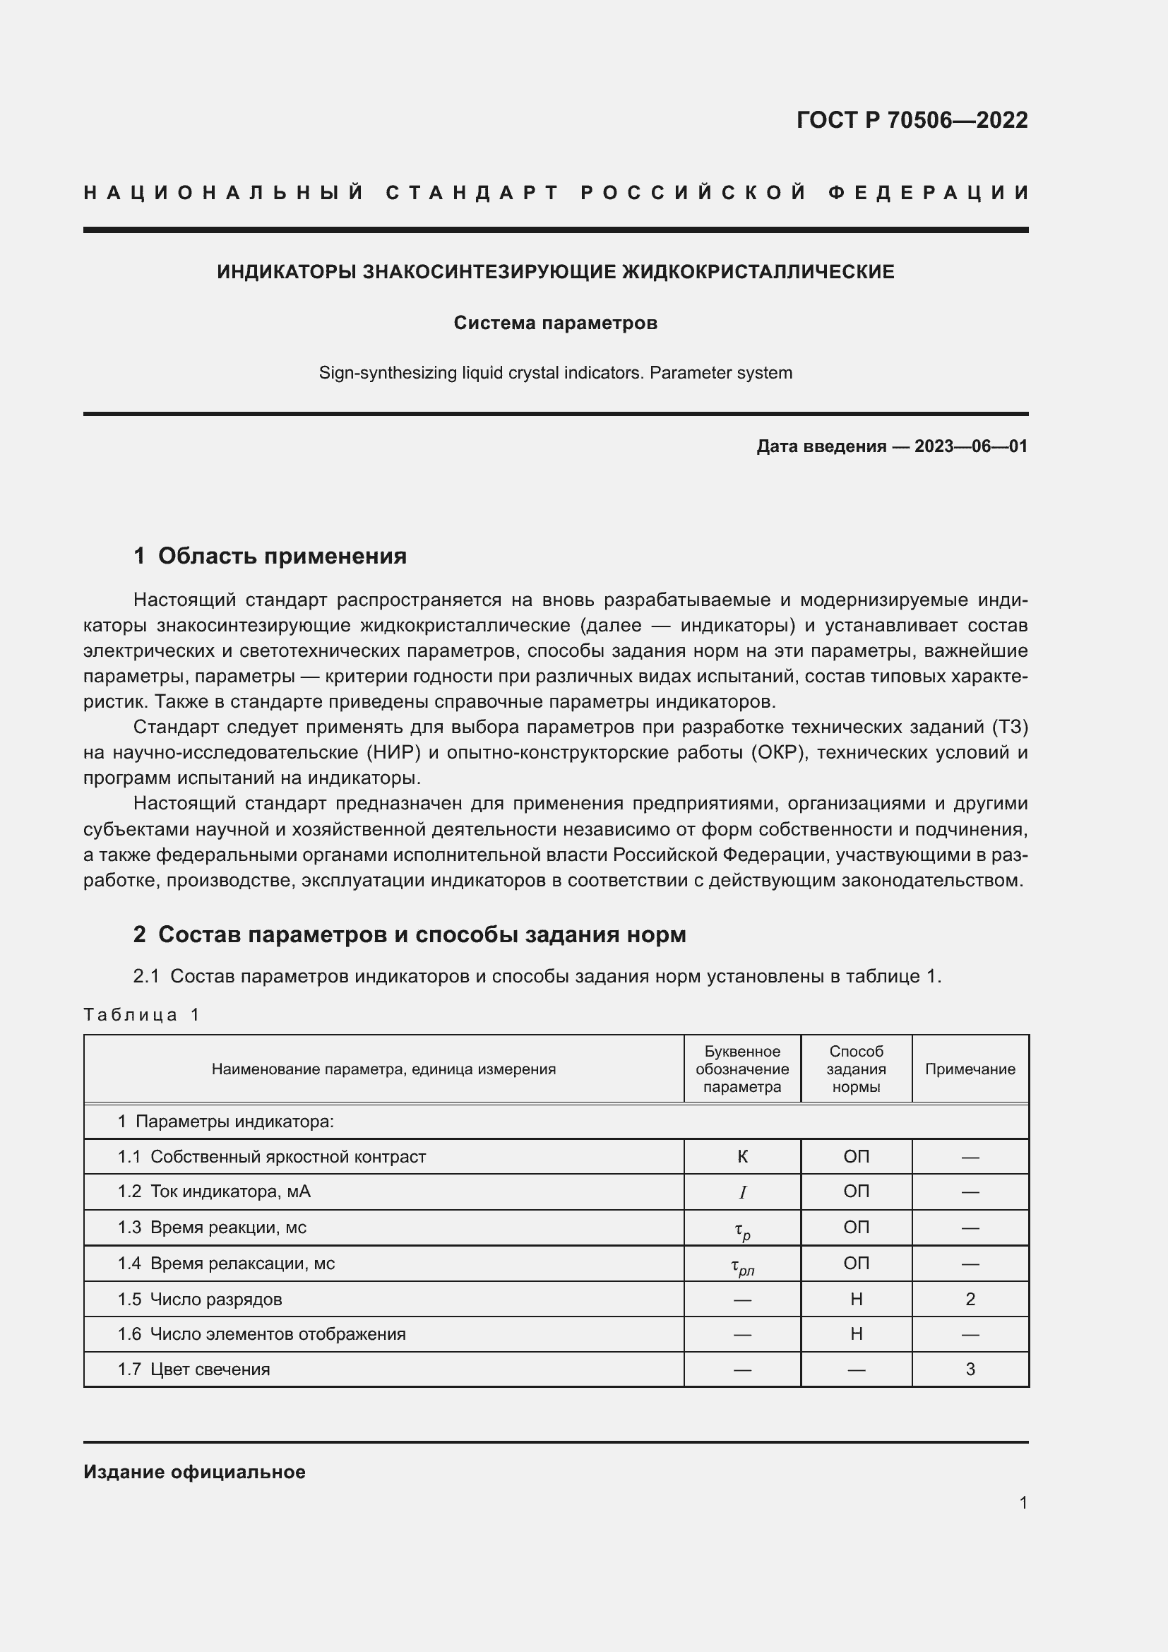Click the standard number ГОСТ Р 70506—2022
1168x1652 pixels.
911,119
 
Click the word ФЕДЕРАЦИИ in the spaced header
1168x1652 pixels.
929,193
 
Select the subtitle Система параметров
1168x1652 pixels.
555,323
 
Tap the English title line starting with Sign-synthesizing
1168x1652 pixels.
555,373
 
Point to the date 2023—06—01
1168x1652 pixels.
970,446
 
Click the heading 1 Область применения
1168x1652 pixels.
270,555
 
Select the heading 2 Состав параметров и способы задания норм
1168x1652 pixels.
410,934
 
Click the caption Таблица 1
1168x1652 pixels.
142,1014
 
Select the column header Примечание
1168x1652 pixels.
970,1069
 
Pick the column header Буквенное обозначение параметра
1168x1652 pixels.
741,1069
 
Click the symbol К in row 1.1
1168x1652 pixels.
742,1156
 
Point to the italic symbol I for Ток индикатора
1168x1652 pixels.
742,1192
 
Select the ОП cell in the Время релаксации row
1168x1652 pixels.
856,1264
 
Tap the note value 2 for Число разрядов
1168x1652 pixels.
970,1299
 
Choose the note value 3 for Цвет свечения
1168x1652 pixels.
970,1369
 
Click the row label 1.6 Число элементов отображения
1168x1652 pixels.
262,1334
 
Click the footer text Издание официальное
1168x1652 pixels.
194,1471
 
